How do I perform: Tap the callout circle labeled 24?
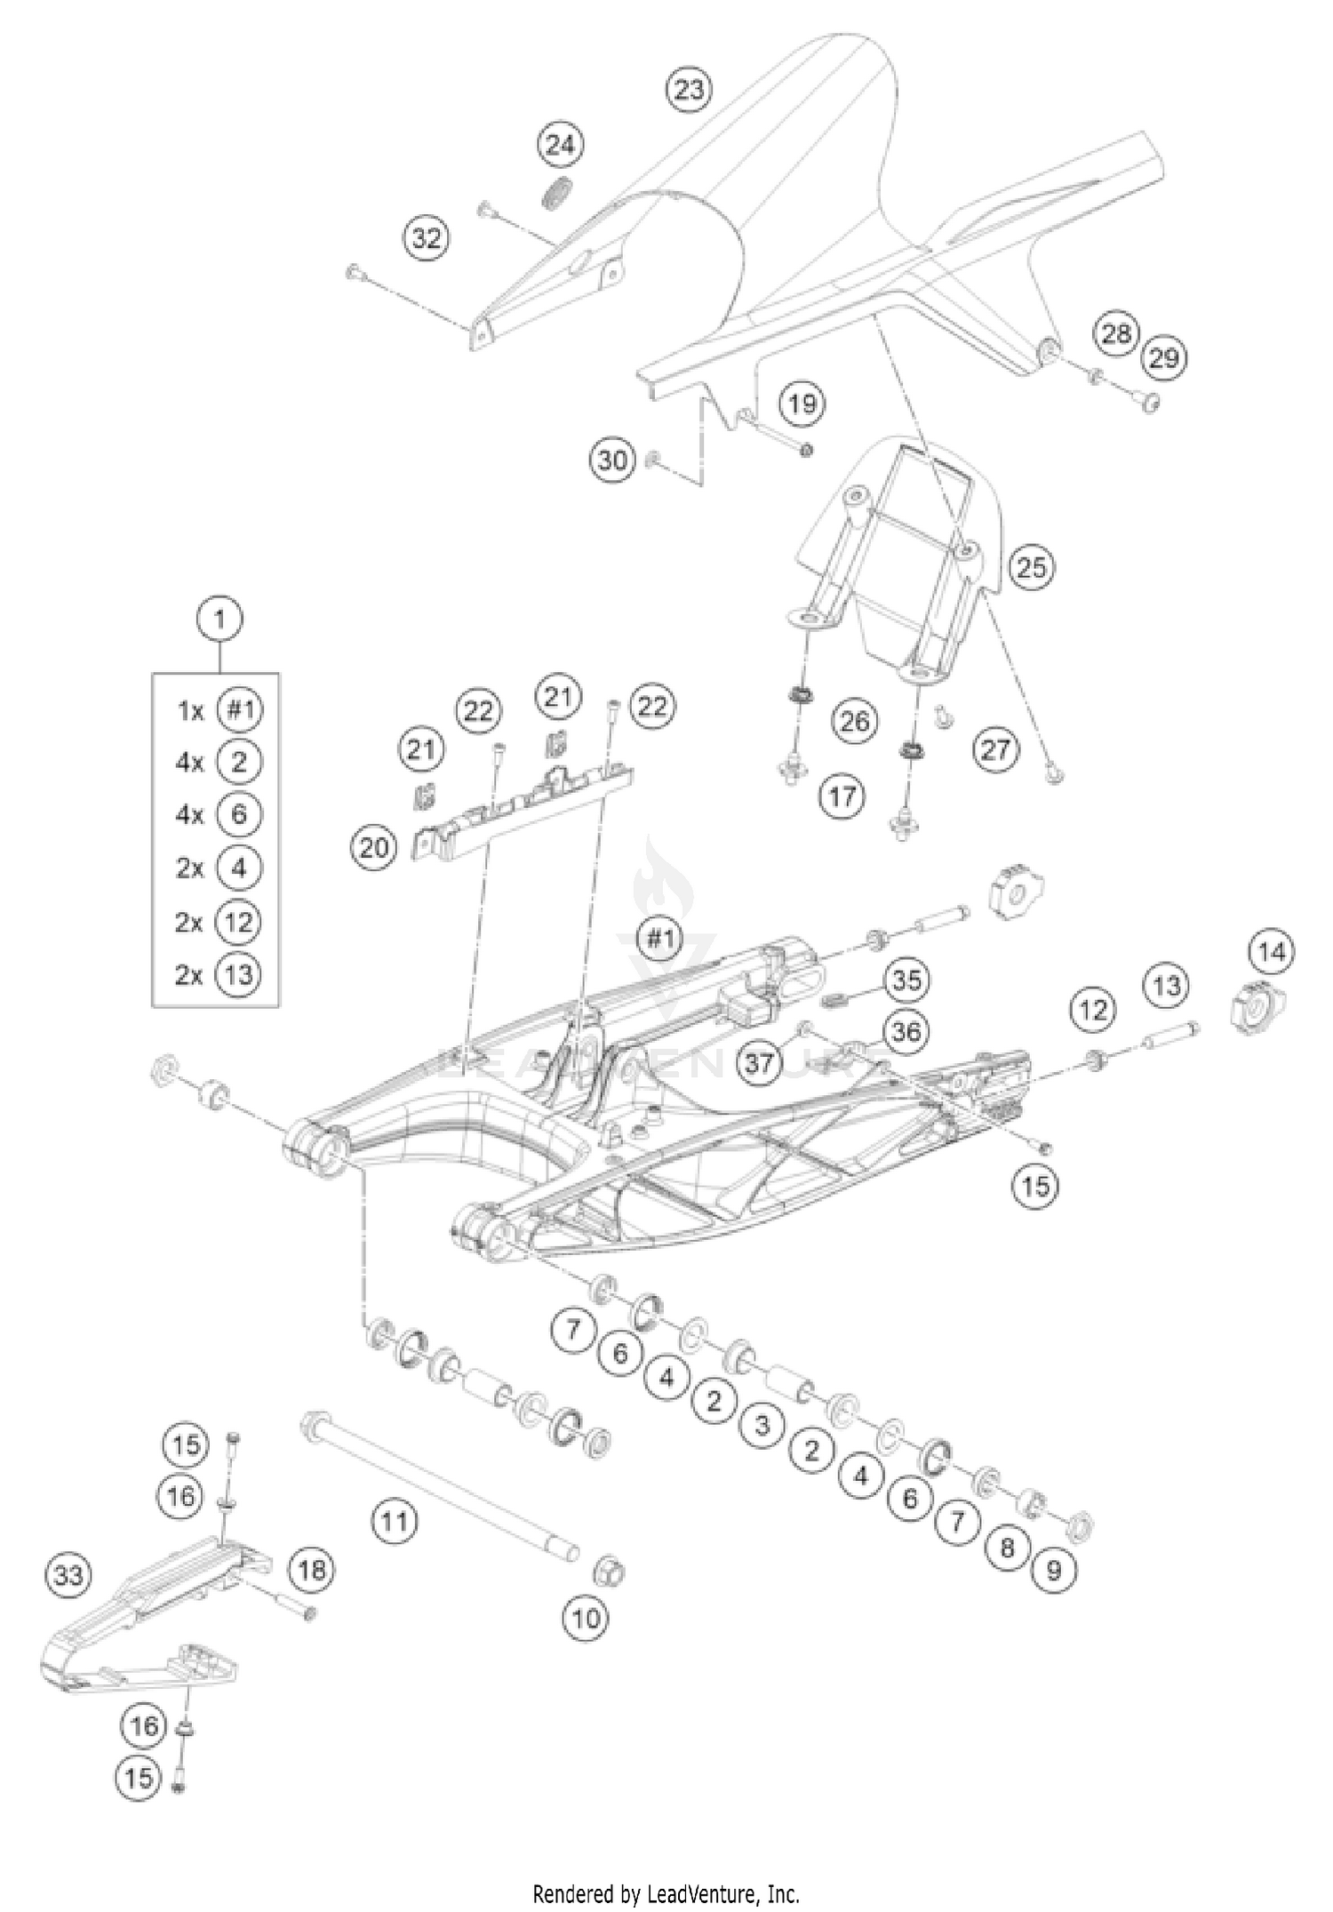point(560,145)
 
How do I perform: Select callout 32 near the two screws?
point(427,238)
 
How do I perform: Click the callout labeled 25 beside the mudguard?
point(1031,567)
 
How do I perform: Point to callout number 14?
point(1272,952)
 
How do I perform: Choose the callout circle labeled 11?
point(394,1522)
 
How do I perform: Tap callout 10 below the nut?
point(586,1618)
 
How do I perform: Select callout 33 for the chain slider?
point(68,1576)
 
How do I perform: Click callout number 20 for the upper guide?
point(373,847)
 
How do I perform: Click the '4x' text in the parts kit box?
point(189,763)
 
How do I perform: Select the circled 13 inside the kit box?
point(238,974)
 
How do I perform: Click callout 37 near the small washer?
point(759,1061)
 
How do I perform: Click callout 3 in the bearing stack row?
point(762,1426)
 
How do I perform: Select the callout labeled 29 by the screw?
point(1164,357)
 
